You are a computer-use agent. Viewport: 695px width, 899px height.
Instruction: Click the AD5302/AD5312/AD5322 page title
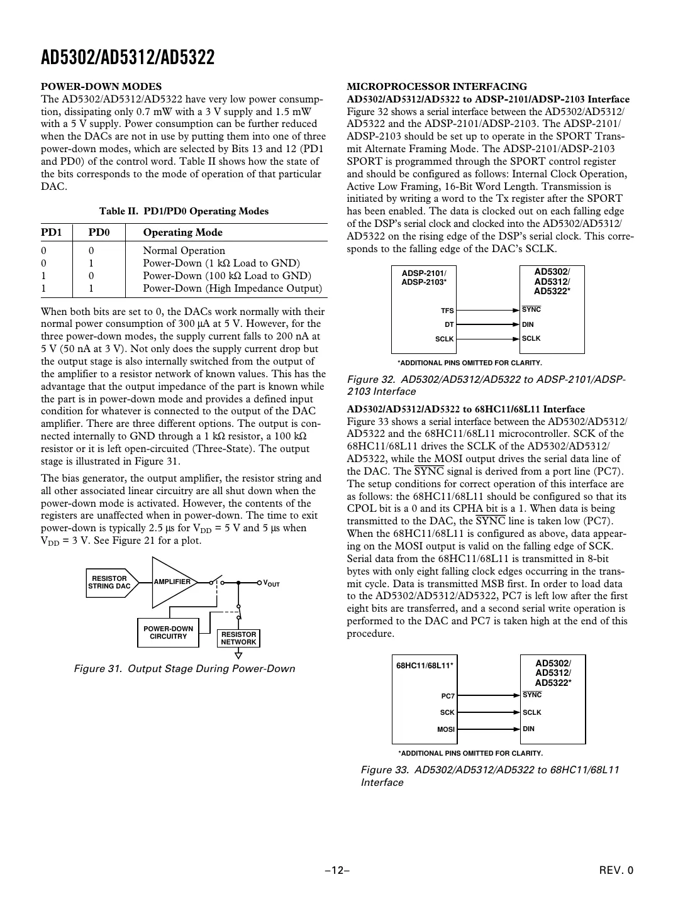tap(128, 58)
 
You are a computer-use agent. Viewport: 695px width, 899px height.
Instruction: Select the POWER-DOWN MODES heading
tap(101, 87)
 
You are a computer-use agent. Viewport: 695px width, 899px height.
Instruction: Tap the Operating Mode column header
tap(182, 233)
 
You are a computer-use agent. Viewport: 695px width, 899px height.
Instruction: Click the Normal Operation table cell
tap(184, 250)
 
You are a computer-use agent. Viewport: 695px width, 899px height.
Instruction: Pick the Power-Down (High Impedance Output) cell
tap(232, 289)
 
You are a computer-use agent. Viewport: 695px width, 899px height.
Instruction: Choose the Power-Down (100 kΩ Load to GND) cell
tap(227, 276)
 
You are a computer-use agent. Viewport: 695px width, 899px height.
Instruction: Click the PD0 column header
tap(99, 233)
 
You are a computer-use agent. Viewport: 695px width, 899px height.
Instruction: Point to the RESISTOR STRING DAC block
tap(111, 583)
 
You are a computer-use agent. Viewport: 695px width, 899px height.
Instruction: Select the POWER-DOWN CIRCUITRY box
tap(168, 632)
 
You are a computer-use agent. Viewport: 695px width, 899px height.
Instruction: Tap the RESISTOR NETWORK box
tap(238, 638)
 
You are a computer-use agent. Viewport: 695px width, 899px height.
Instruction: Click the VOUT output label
tap(271, 583)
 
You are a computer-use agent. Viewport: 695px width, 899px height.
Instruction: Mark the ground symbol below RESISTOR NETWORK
tap(238, 654)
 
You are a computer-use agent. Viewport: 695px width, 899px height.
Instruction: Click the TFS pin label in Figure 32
tap(447, 311)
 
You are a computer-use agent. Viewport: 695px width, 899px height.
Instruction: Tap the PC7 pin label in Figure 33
tap(447, 697)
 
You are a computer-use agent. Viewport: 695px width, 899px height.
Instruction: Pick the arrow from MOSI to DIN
tap(488, 729)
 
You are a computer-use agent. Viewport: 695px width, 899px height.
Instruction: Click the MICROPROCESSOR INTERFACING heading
tap(437, 87)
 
